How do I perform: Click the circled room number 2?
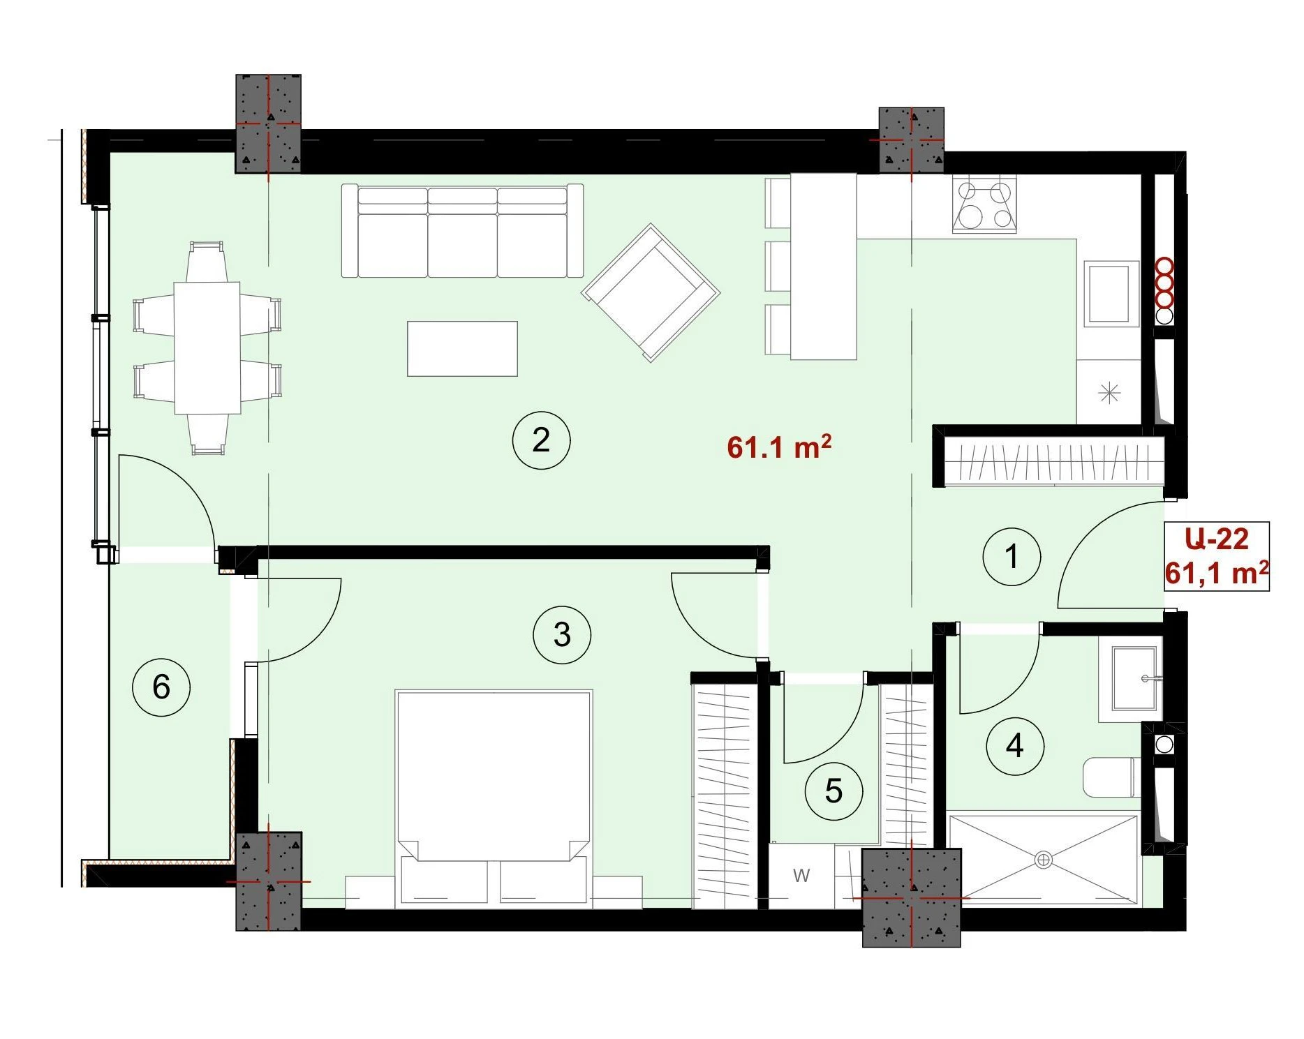point(541,440)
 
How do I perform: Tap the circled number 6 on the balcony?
point(161,687)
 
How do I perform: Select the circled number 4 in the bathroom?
point(1015,746)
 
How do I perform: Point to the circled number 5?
point(833,791)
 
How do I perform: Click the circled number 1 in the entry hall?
point(1012,557)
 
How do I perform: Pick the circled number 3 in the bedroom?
point(562,635)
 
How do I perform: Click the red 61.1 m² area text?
point(779,447)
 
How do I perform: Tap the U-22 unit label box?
point(1217,556)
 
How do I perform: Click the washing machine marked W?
point(801,876)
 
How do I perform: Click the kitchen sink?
point(1111,294)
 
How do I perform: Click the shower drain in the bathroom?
point(1044,860)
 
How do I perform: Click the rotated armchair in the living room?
point(651,292)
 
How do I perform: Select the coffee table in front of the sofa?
point(462,348)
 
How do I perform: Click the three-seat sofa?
point(462,230)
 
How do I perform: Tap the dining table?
point(207,347)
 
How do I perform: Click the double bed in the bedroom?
point(494,799)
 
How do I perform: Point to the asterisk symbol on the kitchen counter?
point(1109,393)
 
